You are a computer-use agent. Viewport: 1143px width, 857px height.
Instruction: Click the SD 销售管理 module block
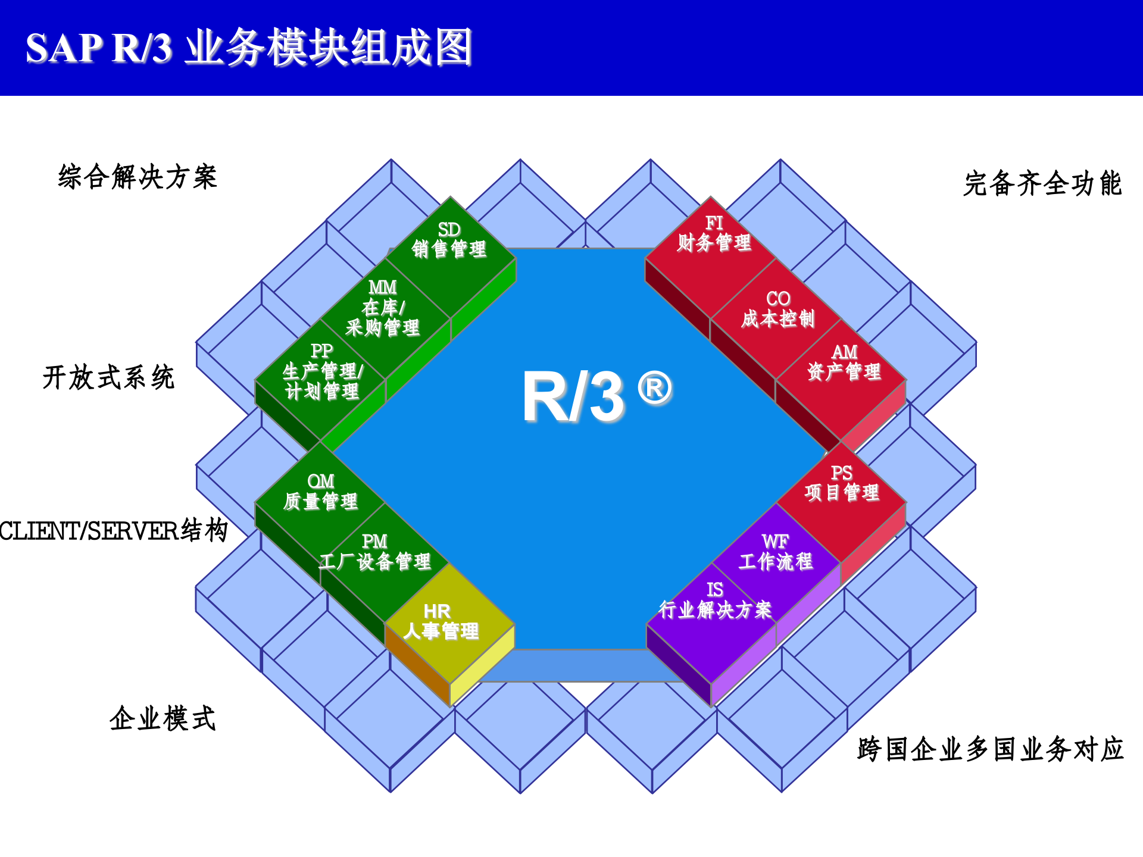click(x=450, y=250)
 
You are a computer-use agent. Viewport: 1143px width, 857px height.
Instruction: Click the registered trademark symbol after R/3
click(x=655, y=389)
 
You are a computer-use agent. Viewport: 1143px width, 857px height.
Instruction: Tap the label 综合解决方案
click(x=138, y=177)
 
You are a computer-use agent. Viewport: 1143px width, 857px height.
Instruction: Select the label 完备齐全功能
click(x=1042, y=183)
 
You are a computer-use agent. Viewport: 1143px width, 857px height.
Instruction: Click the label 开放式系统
click(x=108, y=377)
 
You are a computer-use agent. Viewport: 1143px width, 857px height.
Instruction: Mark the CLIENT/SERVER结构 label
click(x=113, y=530)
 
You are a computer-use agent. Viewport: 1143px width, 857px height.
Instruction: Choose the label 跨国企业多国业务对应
click(x=990, y=749)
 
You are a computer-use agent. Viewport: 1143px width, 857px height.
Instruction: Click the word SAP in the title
click(x=64, y=48)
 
